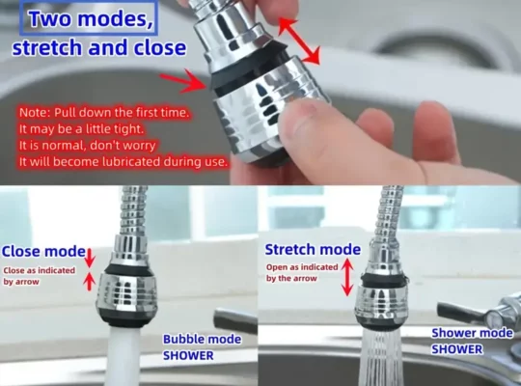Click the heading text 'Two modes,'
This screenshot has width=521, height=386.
click(91, 18)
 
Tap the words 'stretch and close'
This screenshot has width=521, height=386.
click(99, 47)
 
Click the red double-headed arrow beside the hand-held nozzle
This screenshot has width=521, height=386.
click(299, 41)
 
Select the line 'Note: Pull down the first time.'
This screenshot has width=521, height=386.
click(104, 112)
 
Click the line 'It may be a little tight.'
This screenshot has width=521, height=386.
click(81, 128)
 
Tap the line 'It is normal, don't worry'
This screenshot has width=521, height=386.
click(88, 146)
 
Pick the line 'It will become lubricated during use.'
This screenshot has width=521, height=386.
click(123, 162)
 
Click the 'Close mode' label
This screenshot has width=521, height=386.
click(43, 251)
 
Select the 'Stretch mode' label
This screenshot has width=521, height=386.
click(313, 249)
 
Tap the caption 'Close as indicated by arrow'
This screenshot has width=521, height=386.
click(40, 276)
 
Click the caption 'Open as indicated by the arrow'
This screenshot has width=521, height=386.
click(302, 273)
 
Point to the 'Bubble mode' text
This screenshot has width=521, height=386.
click(202, 339)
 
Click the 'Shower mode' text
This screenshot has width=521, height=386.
click(472, 333)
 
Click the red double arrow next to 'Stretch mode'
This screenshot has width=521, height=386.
click(347, 277)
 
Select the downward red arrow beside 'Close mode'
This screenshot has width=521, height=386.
click(90, 258)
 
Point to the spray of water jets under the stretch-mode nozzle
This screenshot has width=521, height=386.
click(379, 357)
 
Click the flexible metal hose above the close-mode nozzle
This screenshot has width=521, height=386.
click(133, 210)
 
